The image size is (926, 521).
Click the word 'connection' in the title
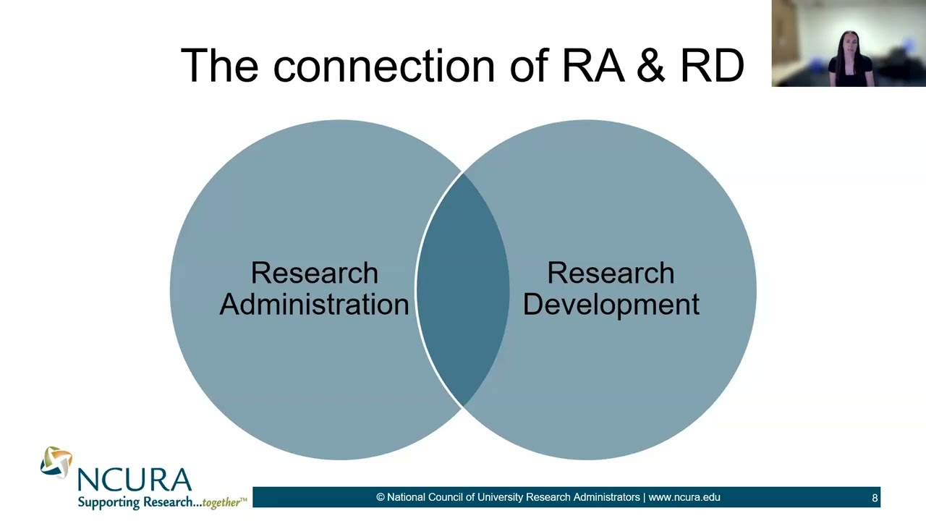pos(384,66)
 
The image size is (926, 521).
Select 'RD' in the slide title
pos(712,66)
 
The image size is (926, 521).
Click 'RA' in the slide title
pos(592,66)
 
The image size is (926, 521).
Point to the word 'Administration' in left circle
pos(314,305)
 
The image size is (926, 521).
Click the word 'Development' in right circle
pos(611,305)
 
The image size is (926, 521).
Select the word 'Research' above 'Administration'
pos(314,273)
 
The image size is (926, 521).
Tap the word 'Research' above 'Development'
pos(611,273)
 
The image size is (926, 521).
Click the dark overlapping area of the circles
pos(463,289)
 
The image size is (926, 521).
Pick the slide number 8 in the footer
pos(875,498)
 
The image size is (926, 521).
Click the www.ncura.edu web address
pos(684,497)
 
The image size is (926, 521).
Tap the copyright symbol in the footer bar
pos(381,497)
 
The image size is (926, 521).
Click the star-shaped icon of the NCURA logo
pos(56,462)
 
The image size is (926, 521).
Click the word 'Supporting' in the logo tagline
pos(109,502)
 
